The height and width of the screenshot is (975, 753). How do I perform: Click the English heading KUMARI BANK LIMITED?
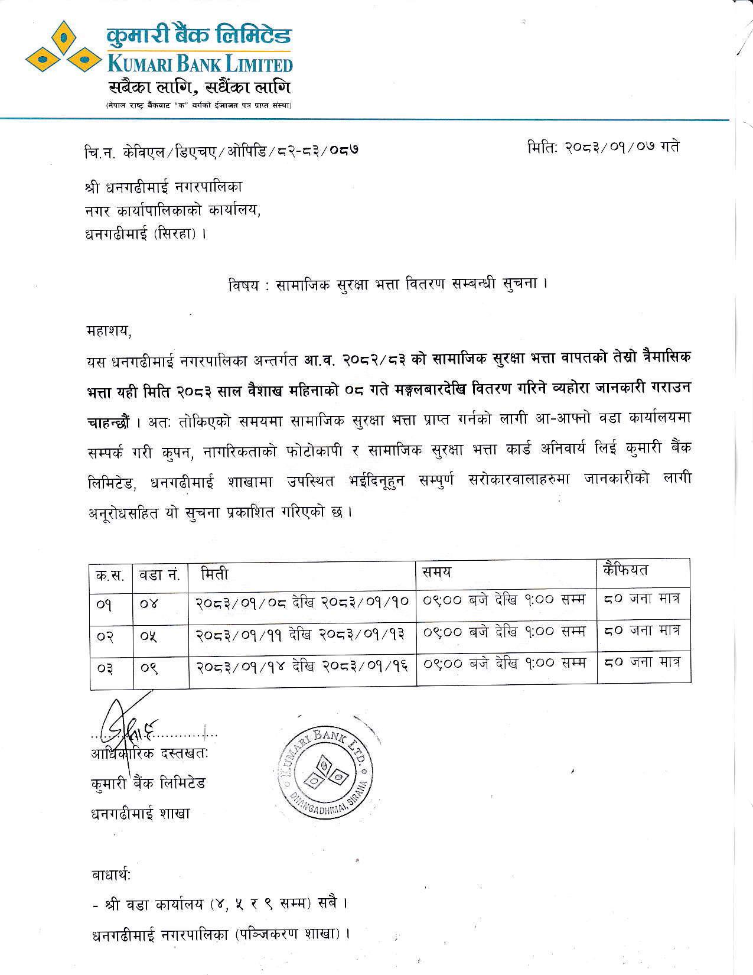(199, 63)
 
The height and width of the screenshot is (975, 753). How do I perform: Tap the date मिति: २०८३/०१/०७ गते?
(603, 147)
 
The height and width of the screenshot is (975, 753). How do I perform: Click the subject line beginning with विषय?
(387, 284)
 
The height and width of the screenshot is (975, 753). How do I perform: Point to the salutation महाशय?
(109, 330)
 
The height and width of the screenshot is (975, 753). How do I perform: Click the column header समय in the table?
(436, 571)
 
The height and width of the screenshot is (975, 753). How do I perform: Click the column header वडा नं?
(159, 574)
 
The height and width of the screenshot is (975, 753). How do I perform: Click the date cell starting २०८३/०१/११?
(301, 634)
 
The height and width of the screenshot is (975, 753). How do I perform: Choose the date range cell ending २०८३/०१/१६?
(302, 665)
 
